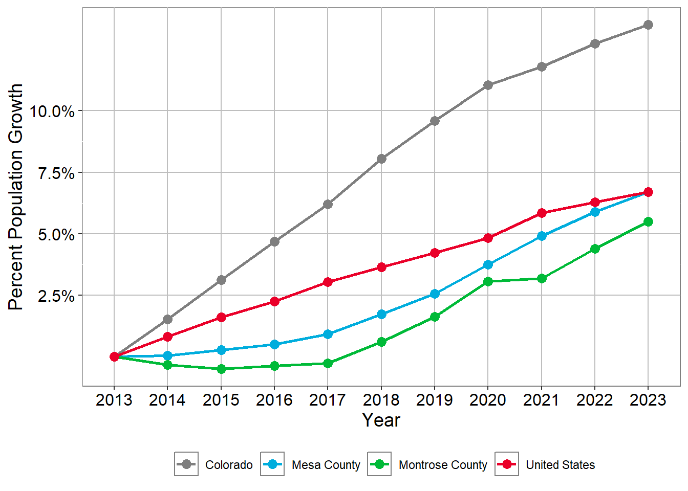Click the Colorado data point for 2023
coord(648,25)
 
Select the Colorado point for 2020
coord(488,85)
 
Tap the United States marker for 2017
coord(328,282)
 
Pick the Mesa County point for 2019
coord(435,294)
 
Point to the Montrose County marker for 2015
coord(221,369)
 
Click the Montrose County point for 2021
coord(542,278)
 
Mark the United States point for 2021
coord(542,213)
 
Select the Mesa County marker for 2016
coord(274,344)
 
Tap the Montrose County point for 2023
coord(648,221)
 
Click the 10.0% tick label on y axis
coord(52,111)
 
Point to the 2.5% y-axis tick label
coord(56,296)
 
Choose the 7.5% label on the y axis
coord(56,173)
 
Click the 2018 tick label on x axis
coord(381,399)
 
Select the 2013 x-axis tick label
coord(114,399)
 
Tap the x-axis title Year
coord(381,420)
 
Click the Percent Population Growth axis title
coord(16,197)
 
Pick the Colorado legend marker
coord(186,464)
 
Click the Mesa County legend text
coord(326,465)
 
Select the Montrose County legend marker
coord(379,464)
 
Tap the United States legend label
coord(561,465)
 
